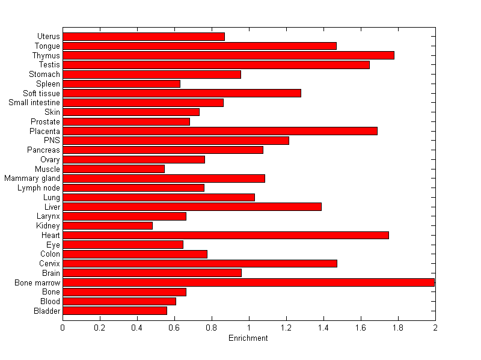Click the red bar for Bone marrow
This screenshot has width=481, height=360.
coord(248,282)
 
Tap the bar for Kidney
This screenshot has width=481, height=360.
coord(108,226)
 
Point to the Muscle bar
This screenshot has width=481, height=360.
coord(114,169)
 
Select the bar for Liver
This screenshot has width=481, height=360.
coord(192,207)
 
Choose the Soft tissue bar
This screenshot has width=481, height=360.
coord(182,93)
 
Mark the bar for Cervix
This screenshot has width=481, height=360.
coord(200,263)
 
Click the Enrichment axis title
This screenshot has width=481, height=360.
coord(248,338)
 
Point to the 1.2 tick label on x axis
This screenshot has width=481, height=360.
coord(286,328)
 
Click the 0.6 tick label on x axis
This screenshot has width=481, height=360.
coord(174,328)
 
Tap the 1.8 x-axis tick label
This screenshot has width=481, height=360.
coord(398,328)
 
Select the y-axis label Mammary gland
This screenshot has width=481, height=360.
coord(32,178)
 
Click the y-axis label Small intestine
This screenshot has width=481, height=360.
coord(34,103)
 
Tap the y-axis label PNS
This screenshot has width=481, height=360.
coord(52,141)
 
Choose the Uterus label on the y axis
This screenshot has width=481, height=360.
coord(48,37)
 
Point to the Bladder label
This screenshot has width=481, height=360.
coord(47,311)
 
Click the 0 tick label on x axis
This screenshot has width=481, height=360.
coord(63,328)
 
